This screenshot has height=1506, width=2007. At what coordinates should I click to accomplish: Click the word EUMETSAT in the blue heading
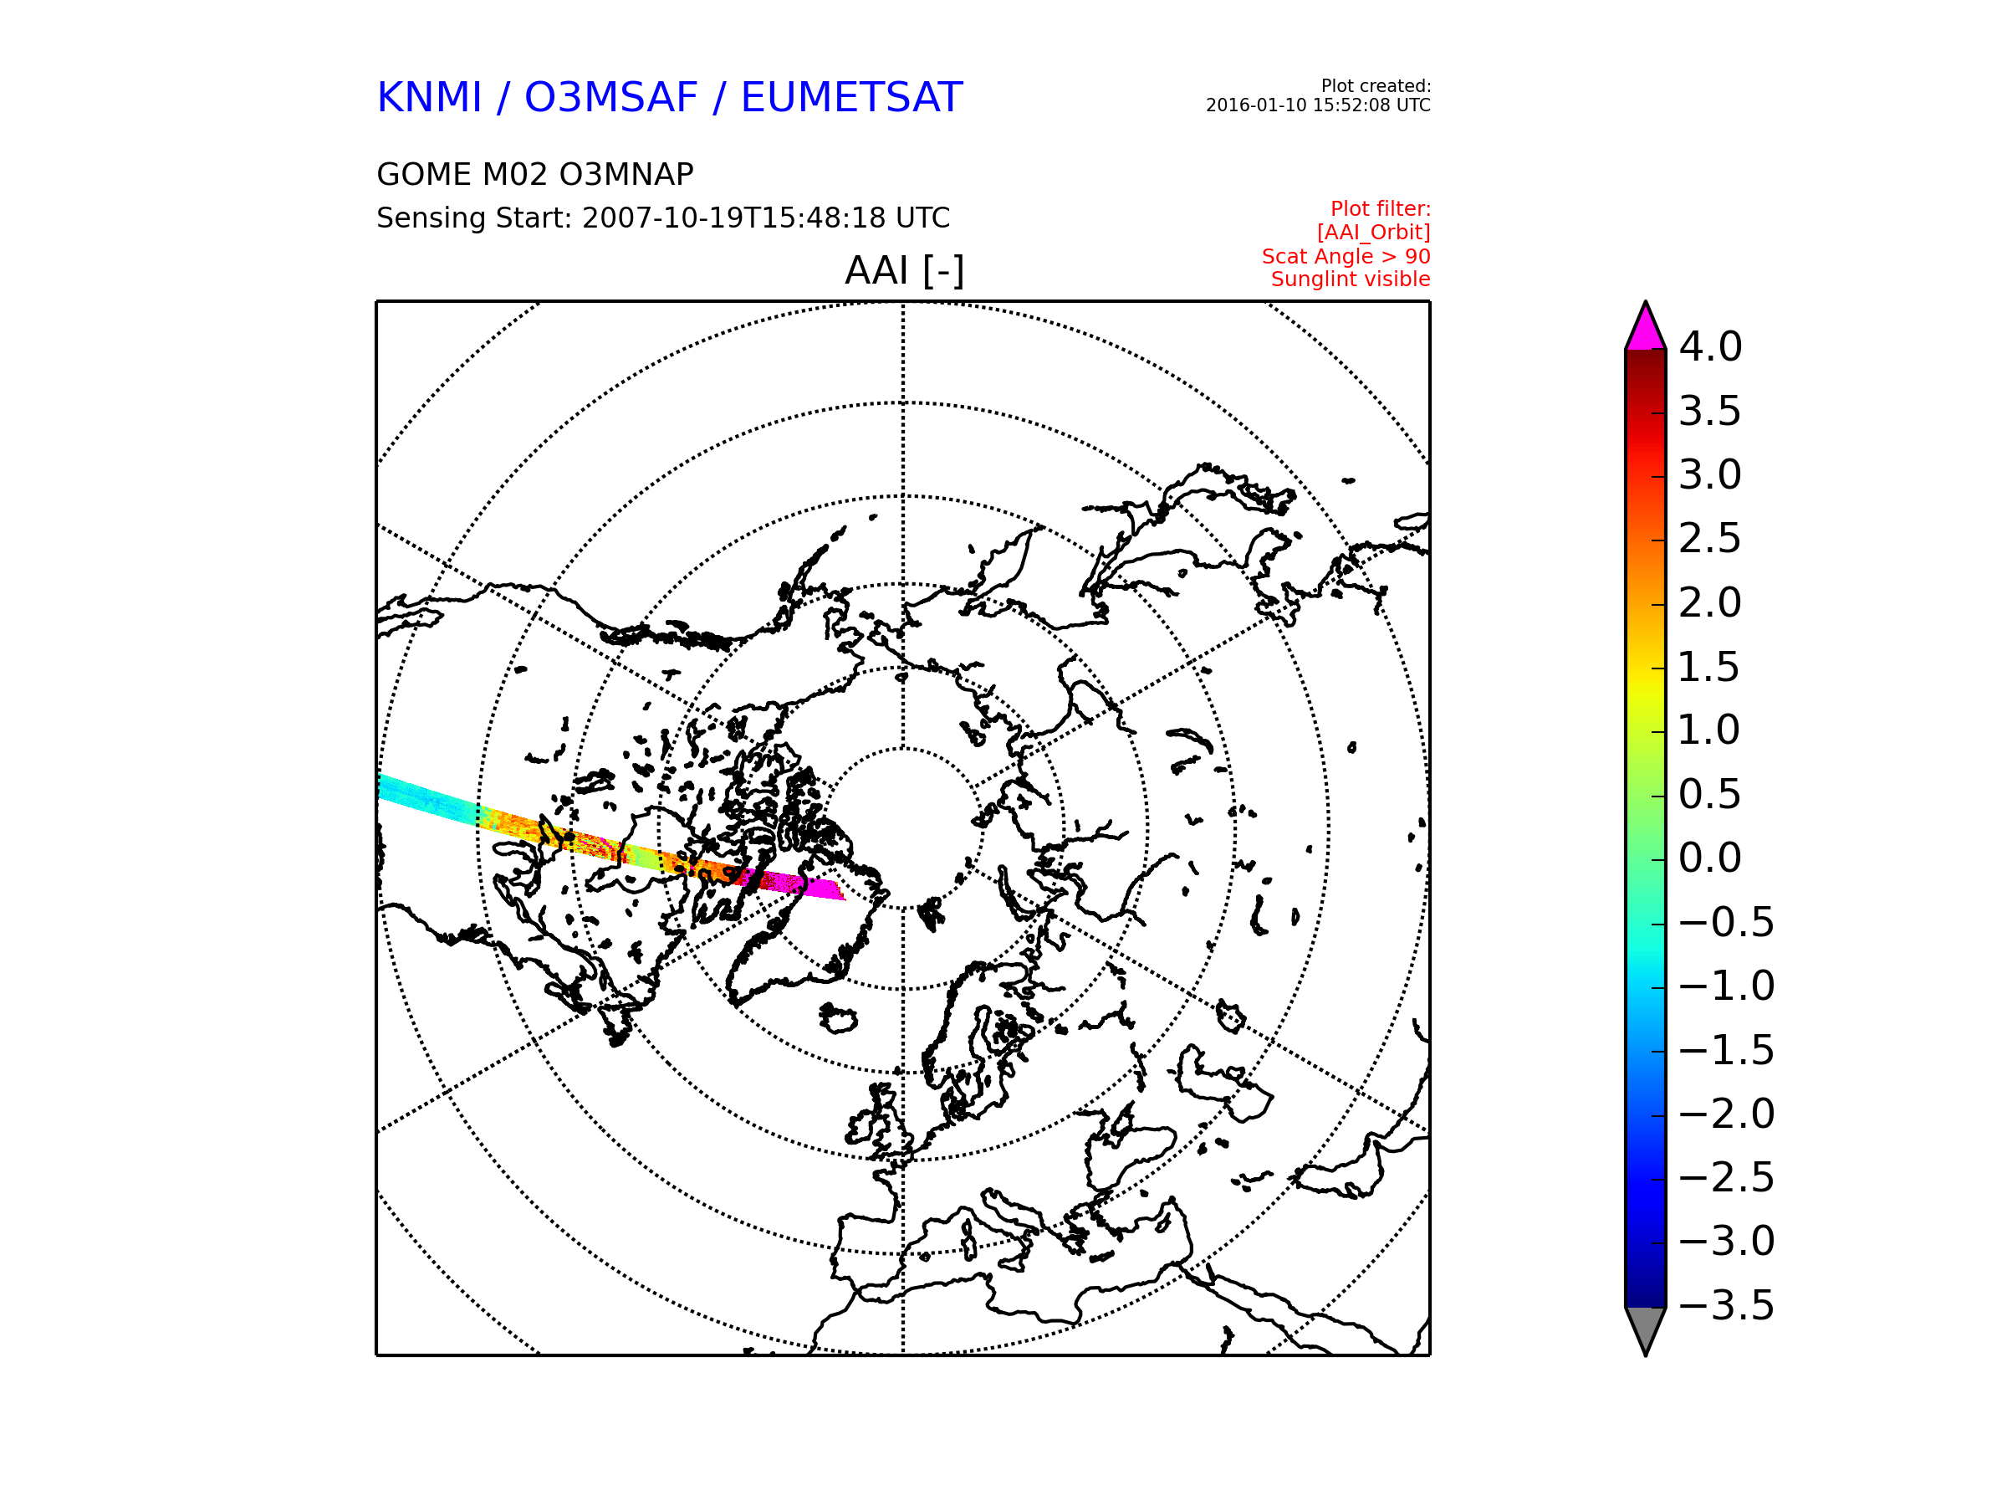[851, 97]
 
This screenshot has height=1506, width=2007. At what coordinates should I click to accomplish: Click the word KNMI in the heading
[429, 97]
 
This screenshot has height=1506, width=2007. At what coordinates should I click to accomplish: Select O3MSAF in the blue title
[611, 97]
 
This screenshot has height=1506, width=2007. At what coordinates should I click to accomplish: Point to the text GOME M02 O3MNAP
[534, 174]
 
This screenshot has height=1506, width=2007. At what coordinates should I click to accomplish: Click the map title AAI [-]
[904, 269]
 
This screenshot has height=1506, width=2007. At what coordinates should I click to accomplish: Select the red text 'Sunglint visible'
[1350, 279]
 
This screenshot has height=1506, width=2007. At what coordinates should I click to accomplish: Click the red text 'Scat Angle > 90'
[1346, 257]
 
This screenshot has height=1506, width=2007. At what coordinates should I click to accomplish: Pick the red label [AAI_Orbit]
[1374, 233]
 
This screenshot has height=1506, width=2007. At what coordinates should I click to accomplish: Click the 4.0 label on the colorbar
[1709, 346]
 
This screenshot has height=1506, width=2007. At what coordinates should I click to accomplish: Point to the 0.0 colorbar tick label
[1709, 858]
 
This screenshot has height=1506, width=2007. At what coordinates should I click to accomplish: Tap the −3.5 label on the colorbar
[1726, 1305]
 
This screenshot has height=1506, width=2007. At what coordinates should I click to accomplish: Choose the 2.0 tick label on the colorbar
[1709, 602]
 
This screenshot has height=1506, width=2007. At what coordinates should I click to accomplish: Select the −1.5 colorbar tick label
[1726, 1050]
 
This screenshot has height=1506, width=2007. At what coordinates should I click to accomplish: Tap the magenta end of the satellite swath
[822, 889]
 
